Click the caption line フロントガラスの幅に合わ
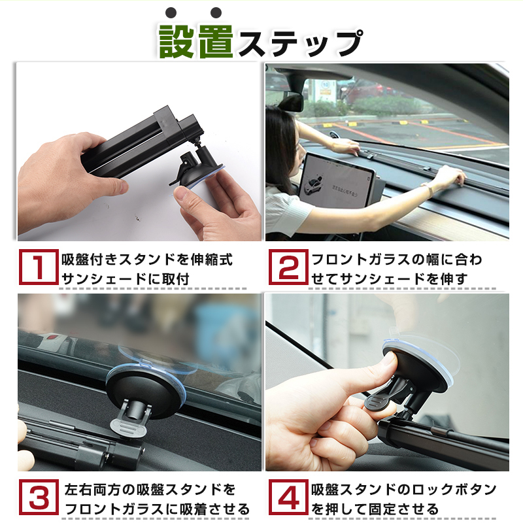pos(396,260)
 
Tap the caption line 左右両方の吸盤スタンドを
pos(150,490)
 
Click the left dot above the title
pos(171,12)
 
